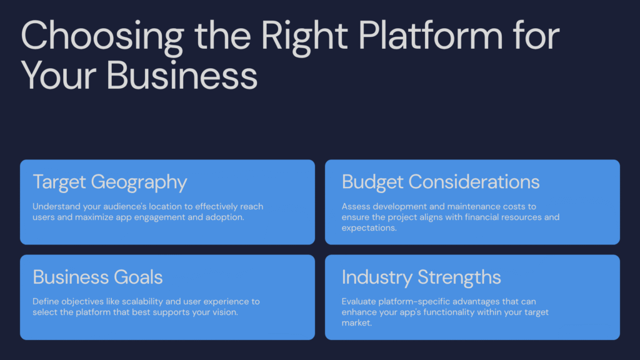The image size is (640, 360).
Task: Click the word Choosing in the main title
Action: coord(102,37)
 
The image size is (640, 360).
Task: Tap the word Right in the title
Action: coord(304,37)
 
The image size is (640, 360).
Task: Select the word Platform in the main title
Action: coord(431,35)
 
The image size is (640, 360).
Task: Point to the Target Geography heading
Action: coord(110,182)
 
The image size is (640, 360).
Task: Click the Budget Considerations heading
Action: coord(441,182)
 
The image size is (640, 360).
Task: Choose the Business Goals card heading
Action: coord(97,277)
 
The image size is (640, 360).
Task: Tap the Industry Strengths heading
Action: coord(421,277)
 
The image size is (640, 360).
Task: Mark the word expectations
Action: coord(369,228)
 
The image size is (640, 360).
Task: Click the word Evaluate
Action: coord(359,302)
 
